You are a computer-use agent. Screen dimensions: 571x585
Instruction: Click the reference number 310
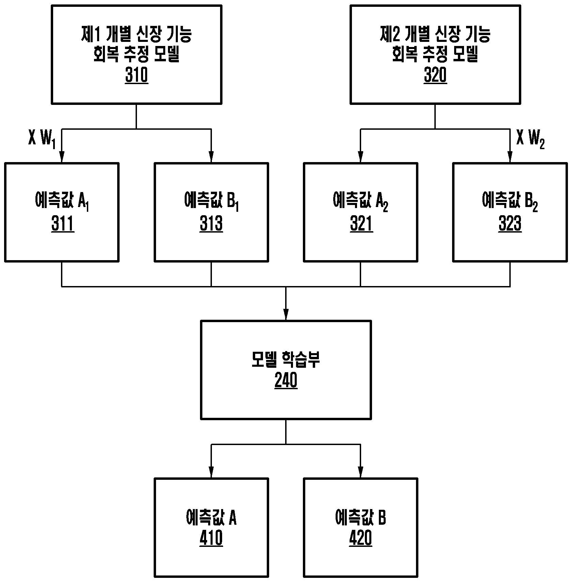pyautogui.click(x=137, y=76)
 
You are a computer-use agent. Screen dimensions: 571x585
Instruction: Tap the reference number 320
pyautogui.click(x=435, y=76)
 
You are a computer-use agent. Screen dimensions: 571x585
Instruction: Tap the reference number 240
pyautogui.click(x=286, y=381)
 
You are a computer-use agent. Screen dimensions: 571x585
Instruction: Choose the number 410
pyautogui.click(x=211, y=538)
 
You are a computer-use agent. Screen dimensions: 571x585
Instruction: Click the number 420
pyautogui.click(x=360, y=538)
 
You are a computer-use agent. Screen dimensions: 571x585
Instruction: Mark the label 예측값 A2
pyautogui.click(x=361, y=202)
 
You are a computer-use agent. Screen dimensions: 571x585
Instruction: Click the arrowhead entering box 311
pyautogui.click(x=62, y=157)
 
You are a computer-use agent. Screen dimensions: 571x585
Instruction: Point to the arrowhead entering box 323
pyautogui.click(x=510, y=157)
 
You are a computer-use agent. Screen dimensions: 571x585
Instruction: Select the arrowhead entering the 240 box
pyautogui.click(x=286, y=314)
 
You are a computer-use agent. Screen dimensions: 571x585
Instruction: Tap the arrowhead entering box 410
pyautogui.click(x=211, y=472)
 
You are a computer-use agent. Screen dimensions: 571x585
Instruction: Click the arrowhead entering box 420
pyautogui.click(x=361, y=472)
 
